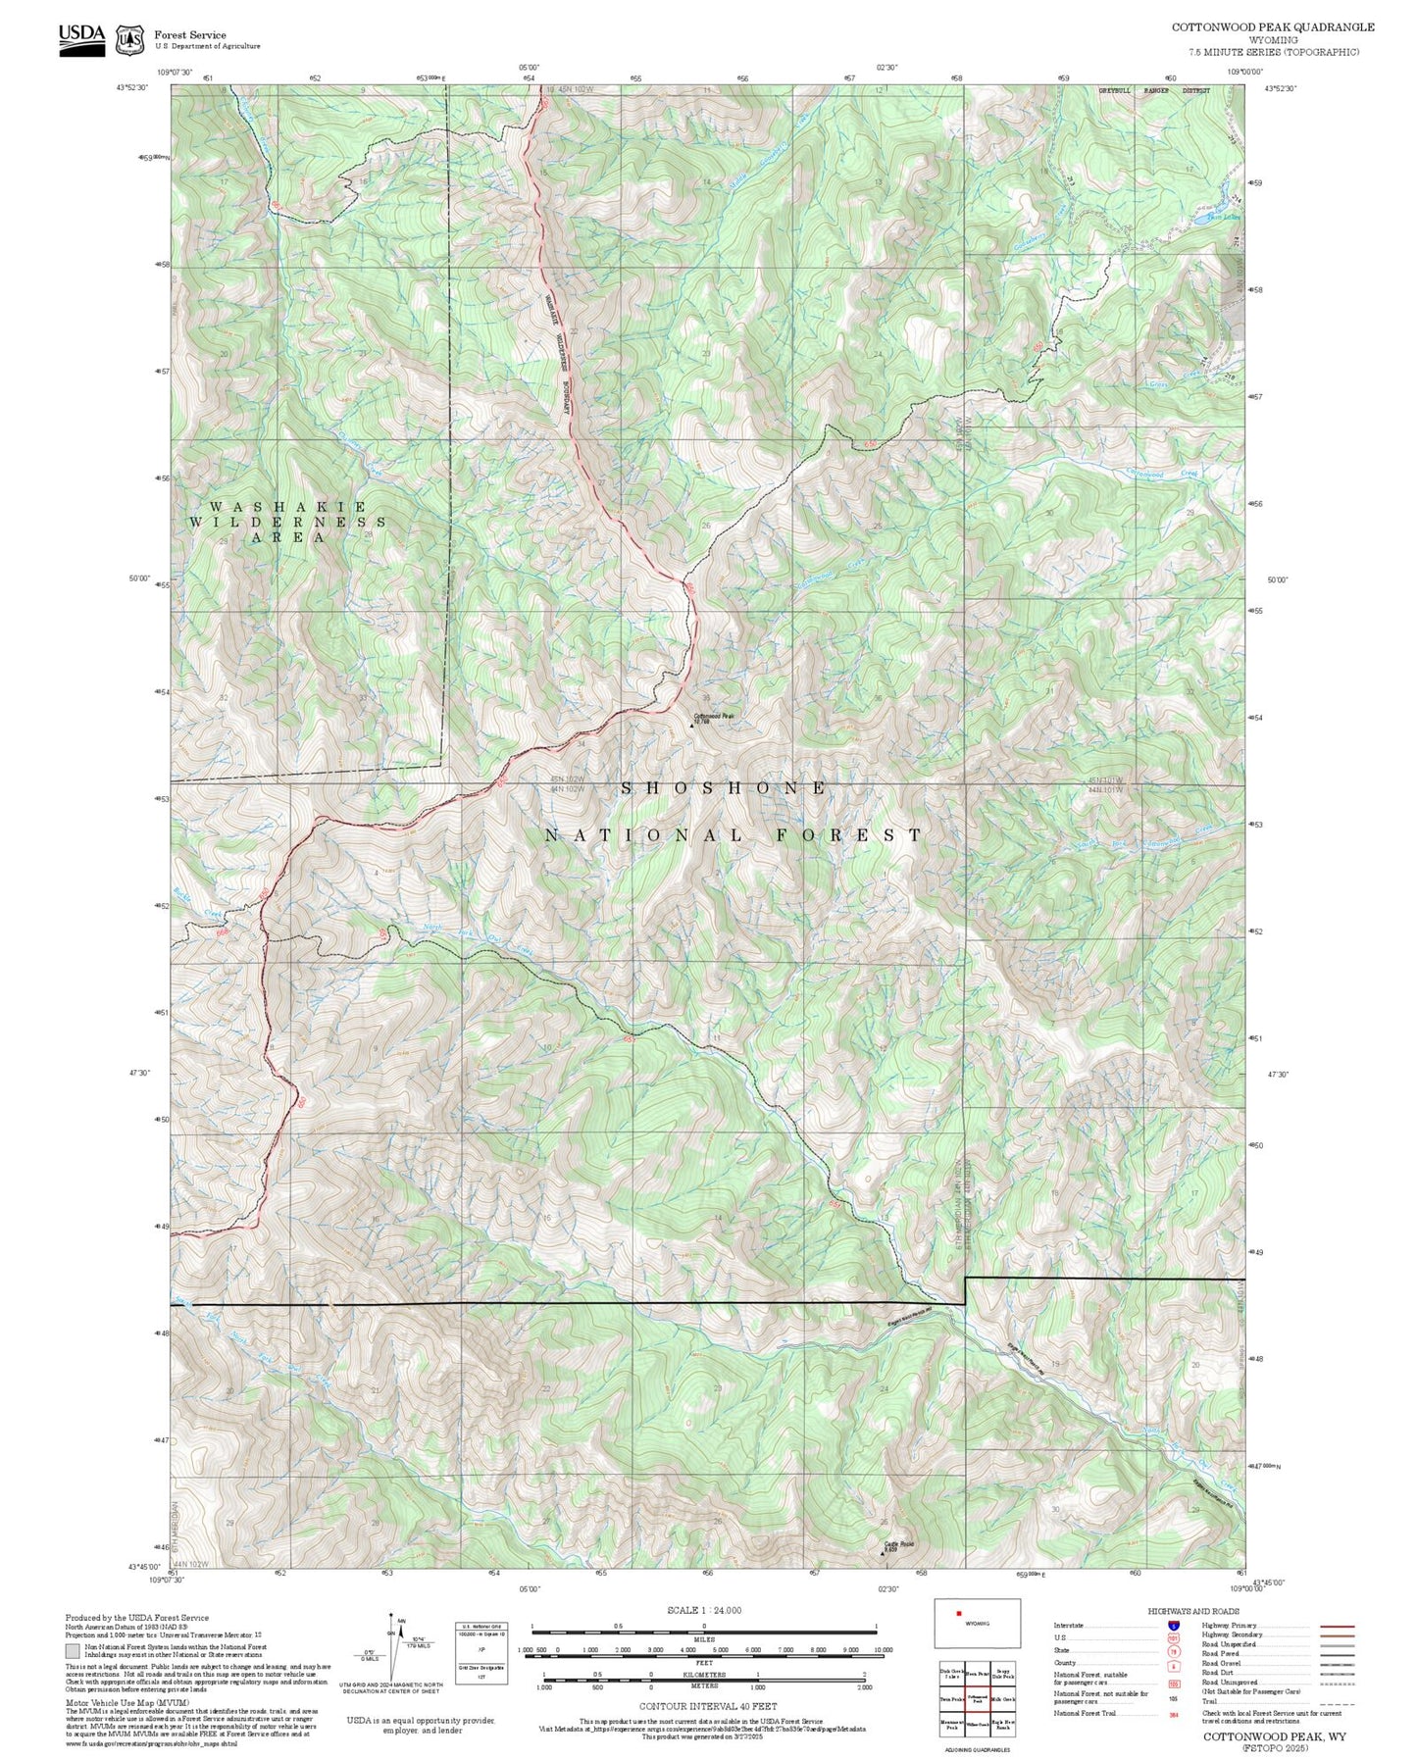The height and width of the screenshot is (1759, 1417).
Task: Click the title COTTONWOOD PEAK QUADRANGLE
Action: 1272,27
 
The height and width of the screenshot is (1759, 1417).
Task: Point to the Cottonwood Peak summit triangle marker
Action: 691,727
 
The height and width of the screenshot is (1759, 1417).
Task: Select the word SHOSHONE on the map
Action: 725,788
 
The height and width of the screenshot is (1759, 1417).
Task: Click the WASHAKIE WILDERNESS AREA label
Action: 286,522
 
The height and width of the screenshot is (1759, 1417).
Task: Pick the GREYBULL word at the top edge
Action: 1114,90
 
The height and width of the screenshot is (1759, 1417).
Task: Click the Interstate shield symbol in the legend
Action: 1174,1626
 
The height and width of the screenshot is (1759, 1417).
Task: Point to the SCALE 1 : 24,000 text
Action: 704,1610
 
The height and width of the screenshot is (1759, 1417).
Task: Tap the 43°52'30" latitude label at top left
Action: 132,88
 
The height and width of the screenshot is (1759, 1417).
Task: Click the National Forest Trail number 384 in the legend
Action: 1173,1714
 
